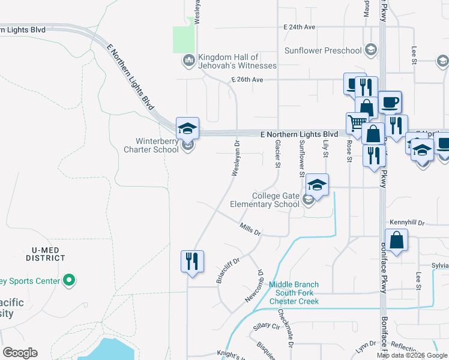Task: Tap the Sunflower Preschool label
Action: tap(324, 50)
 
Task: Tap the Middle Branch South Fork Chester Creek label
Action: tap(294, 293)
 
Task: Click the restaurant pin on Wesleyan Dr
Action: tap(192, 262)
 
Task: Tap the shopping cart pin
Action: tap(357, 123)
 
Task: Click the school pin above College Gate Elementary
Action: tap(317, 184)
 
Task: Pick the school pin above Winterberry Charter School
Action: tap(187, 127)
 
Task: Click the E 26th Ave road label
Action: tap(246, 79)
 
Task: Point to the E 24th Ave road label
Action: tap(300, 28)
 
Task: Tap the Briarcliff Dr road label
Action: tap(229, 269)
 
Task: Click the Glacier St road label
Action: tap(278, 154)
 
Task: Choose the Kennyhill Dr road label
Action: tap(407, 223)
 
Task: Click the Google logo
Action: tap(20, 353)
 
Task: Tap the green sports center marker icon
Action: tap(69, 280)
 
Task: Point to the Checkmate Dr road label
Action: tap(285, 327)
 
